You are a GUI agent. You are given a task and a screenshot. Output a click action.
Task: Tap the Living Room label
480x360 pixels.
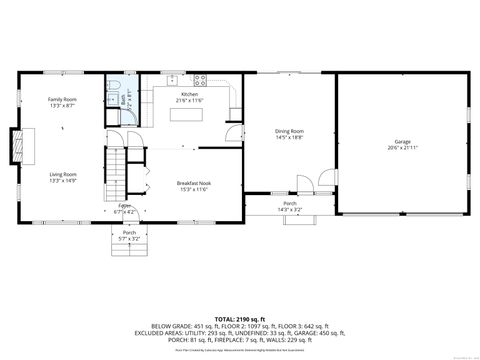pyautogui.click(x=62, y=174)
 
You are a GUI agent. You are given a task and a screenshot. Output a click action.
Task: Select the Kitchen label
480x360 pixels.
pyautogui.click(x=189, y=94)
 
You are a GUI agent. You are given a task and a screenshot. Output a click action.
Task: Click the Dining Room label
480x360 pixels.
pyautogui.click(x=290, y=131)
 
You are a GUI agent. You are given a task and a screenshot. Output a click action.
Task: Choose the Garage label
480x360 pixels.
pyautogui.click(x=402, y=142)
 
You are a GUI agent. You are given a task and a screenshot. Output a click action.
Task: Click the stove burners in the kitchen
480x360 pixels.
pyautogui.click(x=200, y=79)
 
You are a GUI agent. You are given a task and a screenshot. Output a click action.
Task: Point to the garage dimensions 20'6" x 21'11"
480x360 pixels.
pyautogui.click(x=402, y=148)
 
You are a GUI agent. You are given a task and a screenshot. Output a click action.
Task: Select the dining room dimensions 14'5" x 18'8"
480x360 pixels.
pyautogui.click(x=290, y=137)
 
